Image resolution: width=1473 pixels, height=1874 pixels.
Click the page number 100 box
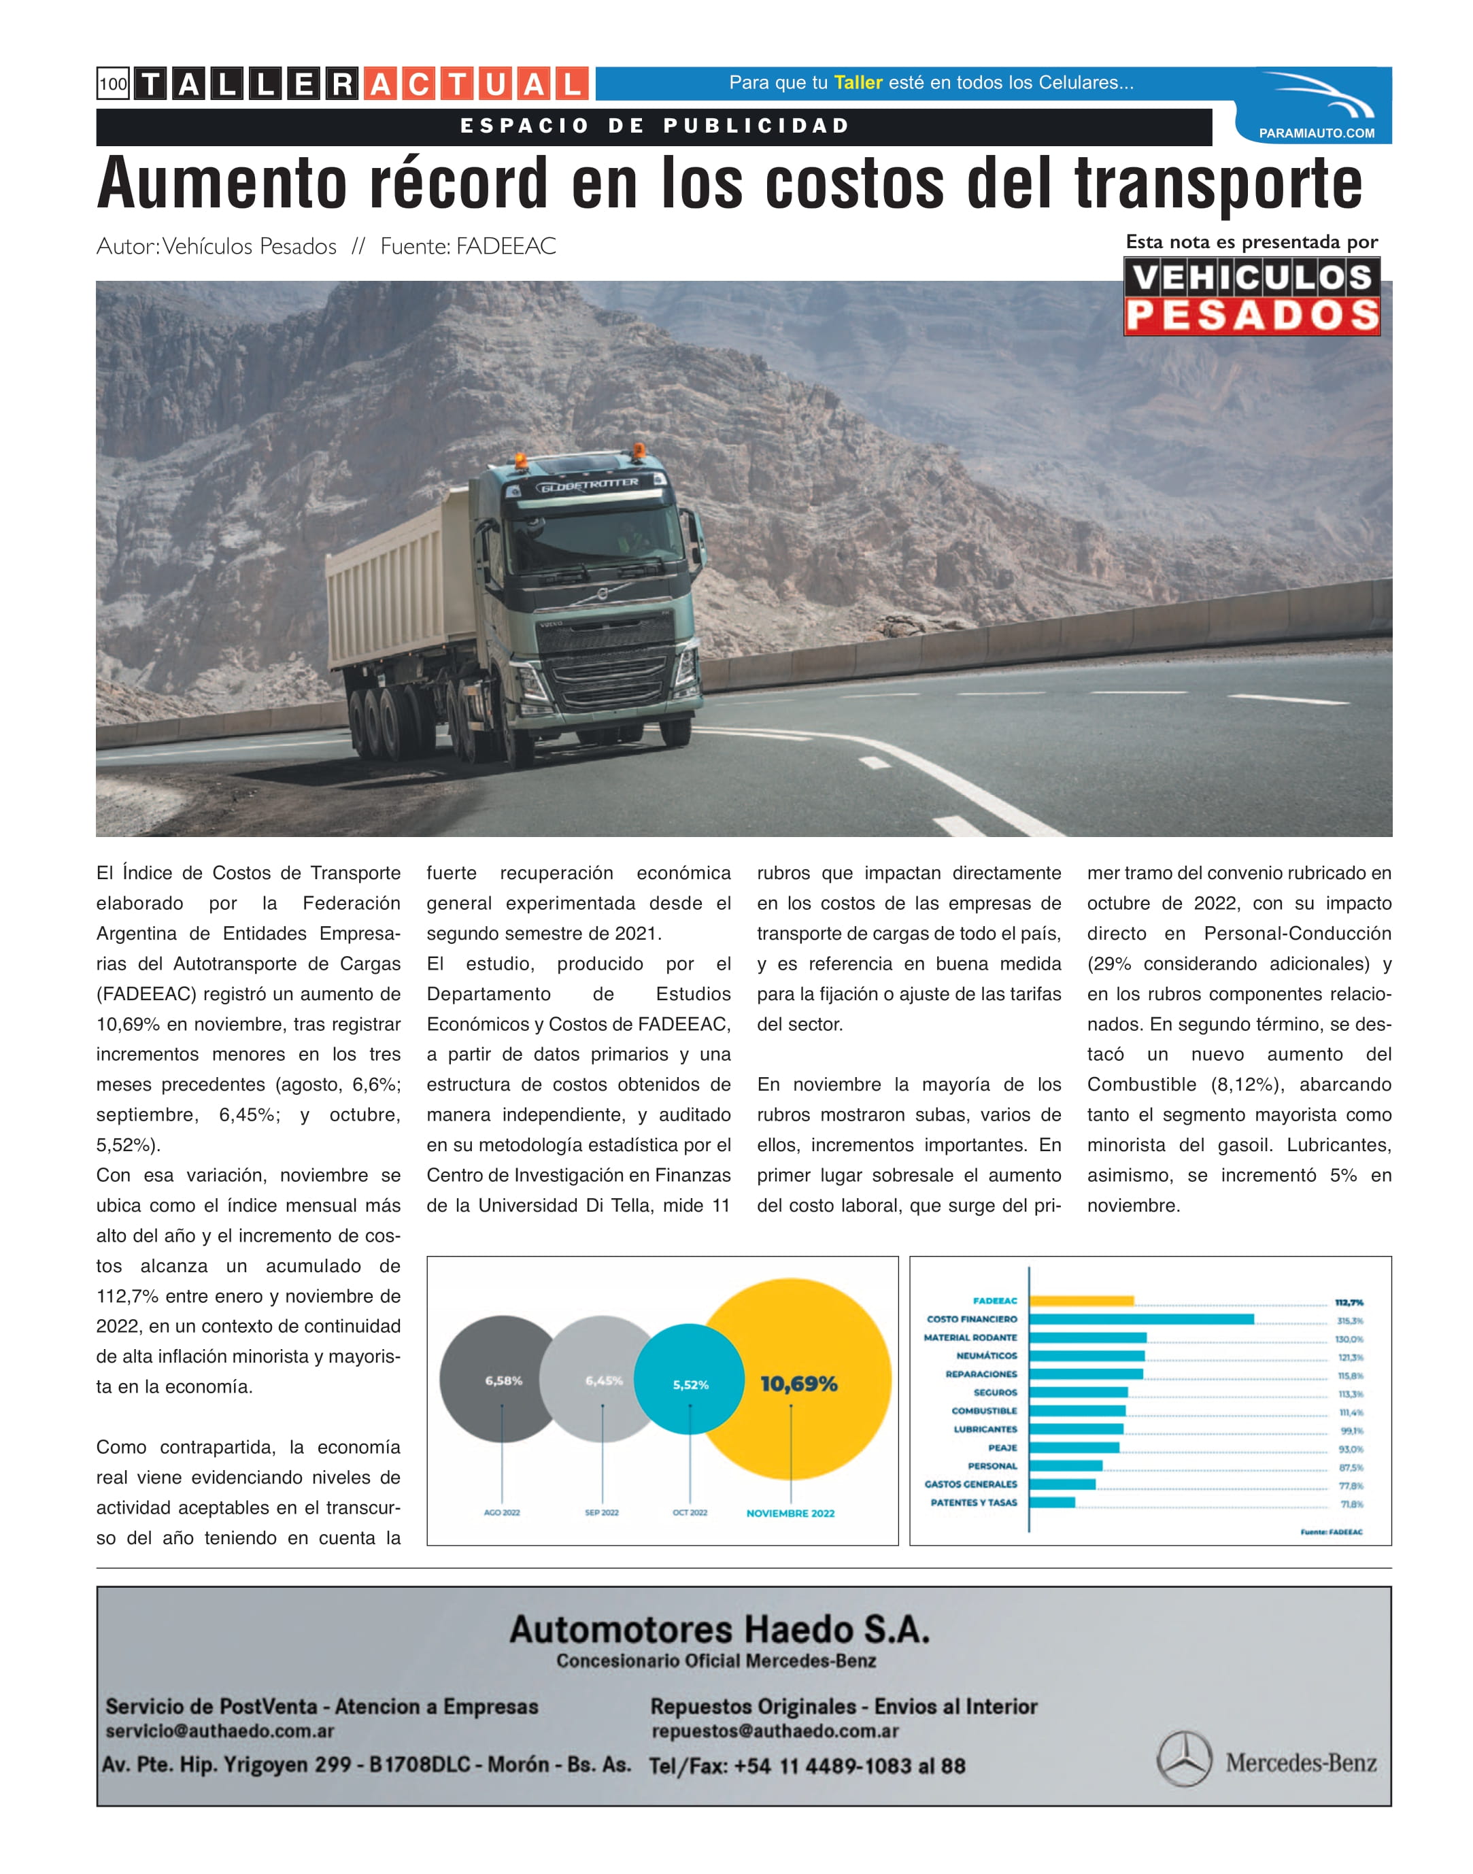tap(113, 84)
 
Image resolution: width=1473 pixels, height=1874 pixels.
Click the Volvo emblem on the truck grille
tap(603, 594)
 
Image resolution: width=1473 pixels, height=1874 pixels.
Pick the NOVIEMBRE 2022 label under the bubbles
tap(790, 1513)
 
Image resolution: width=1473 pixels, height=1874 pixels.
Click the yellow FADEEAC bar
tap(1081, 1301)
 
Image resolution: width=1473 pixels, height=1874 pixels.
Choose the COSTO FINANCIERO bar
tap(1141, 1318)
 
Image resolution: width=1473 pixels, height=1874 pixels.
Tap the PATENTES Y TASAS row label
tap(974, 1502)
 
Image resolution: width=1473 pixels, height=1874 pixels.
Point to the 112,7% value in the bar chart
tap(1349, 1302)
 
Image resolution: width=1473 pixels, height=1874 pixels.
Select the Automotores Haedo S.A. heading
tap(719, 1629)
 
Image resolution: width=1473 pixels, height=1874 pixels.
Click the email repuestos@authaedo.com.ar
tap(775, 1731)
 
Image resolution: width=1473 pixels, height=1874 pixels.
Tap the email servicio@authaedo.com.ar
tap(220, 1731)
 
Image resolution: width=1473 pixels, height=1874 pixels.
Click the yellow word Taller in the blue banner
tap(858, 83)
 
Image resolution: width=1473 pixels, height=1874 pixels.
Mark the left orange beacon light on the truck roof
tap(520, 460)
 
